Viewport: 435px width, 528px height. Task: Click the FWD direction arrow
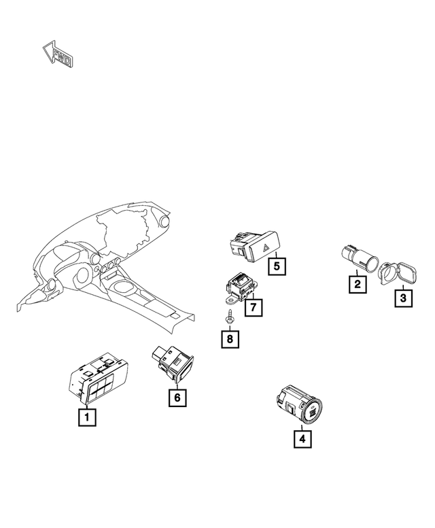(57, 54)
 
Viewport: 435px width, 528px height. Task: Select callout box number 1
(87, 417)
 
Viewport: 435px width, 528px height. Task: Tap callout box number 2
(358, 284)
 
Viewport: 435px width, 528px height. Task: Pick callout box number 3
(403, 298)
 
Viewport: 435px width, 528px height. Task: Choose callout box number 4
(302, 439)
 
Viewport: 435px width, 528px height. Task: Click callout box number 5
(277, 266)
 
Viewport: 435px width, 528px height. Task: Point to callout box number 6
(177, 398)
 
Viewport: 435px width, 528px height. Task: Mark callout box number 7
(254, 306)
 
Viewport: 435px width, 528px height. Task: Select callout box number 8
(230, 339)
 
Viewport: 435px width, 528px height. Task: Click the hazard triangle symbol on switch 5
(266, 249)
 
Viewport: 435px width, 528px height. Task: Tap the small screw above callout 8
(230, 317)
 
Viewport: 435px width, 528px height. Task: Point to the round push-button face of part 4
(312, 411)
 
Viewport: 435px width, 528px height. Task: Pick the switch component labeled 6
(173, 365)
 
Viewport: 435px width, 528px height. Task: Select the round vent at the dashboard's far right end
(165, 221)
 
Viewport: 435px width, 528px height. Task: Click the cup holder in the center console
(123, 287)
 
